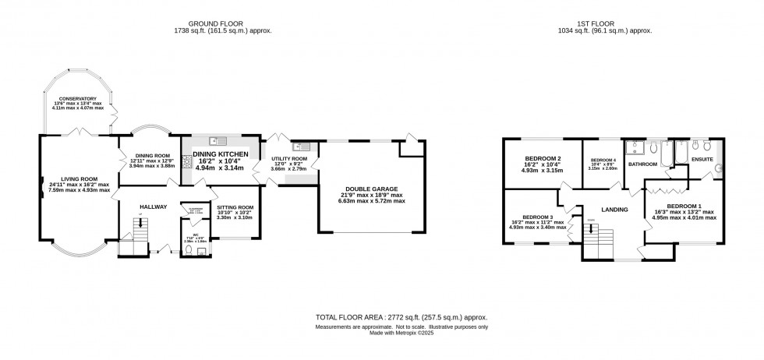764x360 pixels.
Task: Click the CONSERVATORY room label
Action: pos(76,99)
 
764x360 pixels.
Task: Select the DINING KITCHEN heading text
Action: pos(219,154)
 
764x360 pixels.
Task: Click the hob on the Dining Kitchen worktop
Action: pos(187,161)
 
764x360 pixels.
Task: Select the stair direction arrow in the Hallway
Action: pos(140,224)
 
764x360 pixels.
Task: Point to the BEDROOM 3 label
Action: pos(538,217)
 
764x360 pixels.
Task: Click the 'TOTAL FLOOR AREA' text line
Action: pos(401,318)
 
